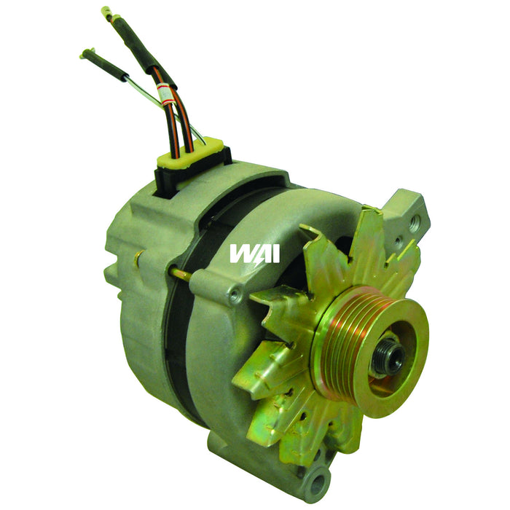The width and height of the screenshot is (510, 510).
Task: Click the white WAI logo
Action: [254, 253]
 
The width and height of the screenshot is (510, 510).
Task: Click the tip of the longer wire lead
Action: [106, 12]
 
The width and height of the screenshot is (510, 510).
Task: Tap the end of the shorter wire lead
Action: [85, 53]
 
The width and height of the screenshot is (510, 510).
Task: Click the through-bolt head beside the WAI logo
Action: [233, 294]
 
